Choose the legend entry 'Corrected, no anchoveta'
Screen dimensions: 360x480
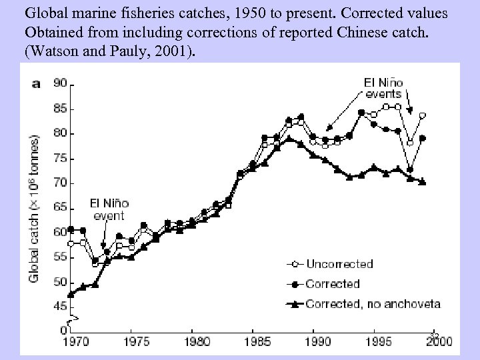click(x=373, y=303)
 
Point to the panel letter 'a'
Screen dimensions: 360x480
click(x=37, y=83)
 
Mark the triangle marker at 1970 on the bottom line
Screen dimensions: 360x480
click(x=71, y=294)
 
